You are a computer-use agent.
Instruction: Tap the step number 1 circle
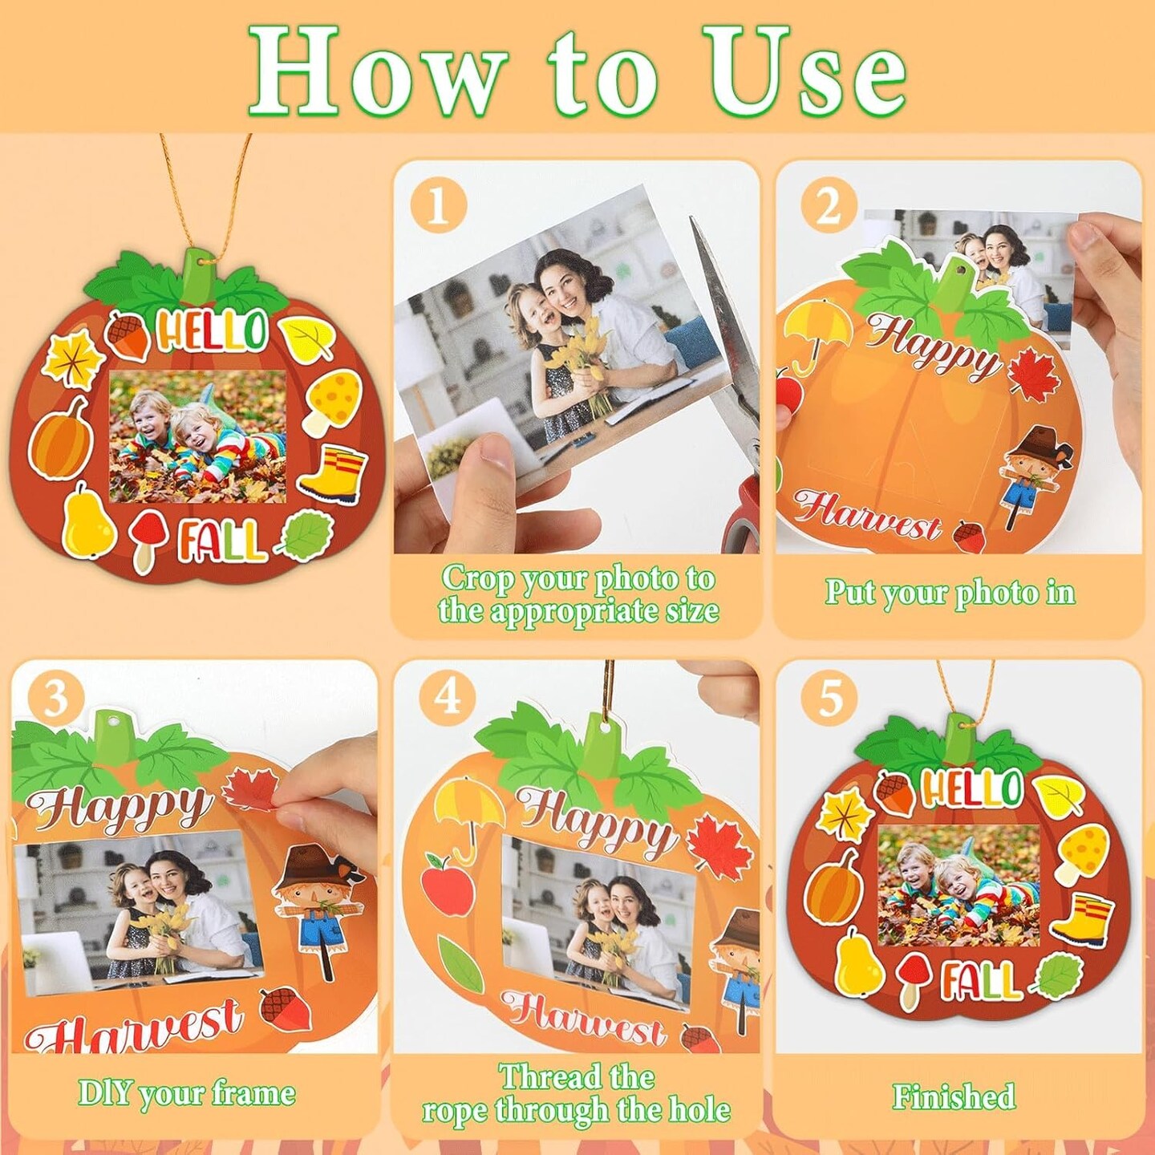click(x=438, y=206)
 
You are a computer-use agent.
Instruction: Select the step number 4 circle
click(x=448, y=695)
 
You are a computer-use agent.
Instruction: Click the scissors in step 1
click(x=730, y=385)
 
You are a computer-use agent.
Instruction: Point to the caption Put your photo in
click(x=950, y=593)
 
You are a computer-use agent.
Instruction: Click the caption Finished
click(x=954, y=1096)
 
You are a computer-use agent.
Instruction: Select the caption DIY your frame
click(x=186, y=1093)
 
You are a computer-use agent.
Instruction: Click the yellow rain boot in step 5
click(x=1083, y=919)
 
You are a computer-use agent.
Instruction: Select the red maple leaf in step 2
click(x=1035, y=374)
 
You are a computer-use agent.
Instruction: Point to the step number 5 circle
click(x=829, y=697)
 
